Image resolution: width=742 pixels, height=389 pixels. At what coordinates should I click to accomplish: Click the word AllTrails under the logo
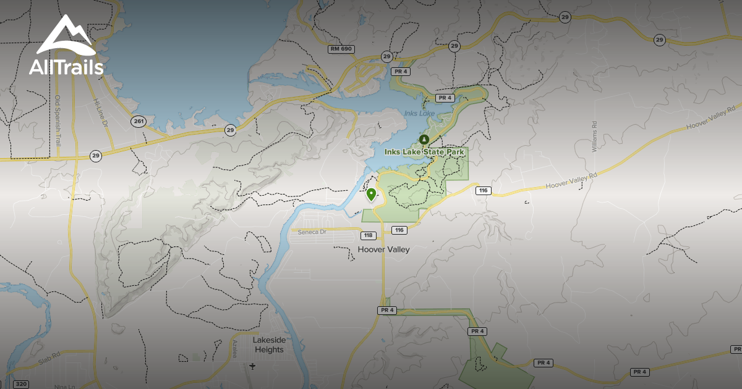[x=66, y=67]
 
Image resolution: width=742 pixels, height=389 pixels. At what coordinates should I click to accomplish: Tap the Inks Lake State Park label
[x=424, y=151]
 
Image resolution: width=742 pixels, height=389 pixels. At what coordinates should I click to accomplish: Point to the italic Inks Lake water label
[x=419, y=113]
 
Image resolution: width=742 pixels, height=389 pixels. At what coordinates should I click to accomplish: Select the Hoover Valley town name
[x=383, y=249]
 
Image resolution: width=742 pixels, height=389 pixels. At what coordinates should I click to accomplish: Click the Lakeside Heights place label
[x=269, y=345]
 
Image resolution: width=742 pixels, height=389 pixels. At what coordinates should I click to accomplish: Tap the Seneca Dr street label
[x=312, y=232]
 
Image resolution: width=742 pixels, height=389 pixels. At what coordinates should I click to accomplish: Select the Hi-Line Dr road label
[x=99, y=113]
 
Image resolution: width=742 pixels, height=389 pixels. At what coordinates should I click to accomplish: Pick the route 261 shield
[x=138, y=121]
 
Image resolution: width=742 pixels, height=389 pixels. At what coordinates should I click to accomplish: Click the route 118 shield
[x=369, y=235]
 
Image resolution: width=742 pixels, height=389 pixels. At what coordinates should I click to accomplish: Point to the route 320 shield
[x=20, y=384]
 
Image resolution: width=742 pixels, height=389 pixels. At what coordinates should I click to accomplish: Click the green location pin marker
[x=371, y=195]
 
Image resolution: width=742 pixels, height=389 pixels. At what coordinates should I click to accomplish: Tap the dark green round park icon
[x=424, y=139]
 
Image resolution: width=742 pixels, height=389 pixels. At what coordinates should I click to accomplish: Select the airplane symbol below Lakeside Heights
[x=252, y=366]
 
